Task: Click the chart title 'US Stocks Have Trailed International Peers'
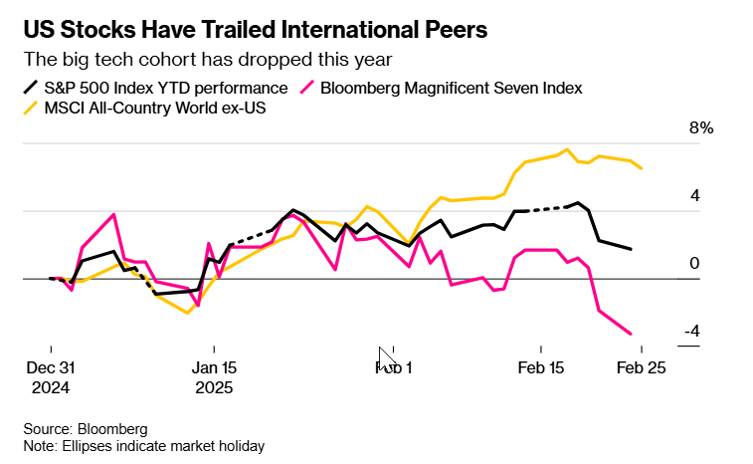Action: tap(256, 29)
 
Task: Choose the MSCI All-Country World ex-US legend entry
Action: tap(155, 107)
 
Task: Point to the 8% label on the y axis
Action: tap(702, 128)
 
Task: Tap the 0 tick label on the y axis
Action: tap(695, 264)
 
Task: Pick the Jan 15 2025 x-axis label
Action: tap(214, 376)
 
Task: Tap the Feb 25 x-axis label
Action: tap(641, 366)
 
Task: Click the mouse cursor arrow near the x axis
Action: tap(386, 358)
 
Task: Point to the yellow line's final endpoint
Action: tap(642, 168)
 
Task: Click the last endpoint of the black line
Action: tap(631, 249)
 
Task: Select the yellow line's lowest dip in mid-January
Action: tap(187, 313)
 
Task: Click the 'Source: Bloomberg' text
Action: tap(86, 428)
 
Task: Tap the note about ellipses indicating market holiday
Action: tap(144, 446)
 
